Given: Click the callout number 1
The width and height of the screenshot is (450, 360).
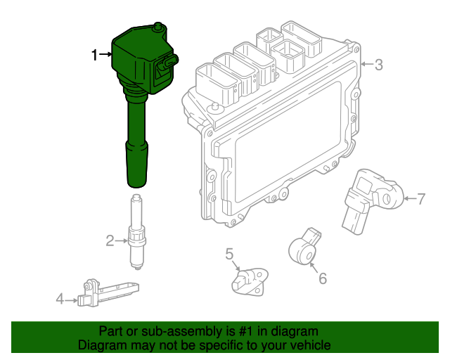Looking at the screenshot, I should (95, 54).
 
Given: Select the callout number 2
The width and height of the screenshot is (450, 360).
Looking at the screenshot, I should (110, 242).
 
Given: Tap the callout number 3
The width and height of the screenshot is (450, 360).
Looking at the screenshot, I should (378, 65).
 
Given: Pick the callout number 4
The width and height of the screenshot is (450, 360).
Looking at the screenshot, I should (60, 300).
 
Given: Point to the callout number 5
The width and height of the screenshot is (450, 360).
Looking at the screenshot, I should (229, 254).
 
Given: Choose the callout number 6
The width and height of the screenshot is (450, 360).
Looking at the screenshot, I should (323, 278).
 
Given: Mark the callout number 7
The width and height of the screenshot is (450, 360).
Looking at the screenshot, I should (421, 199).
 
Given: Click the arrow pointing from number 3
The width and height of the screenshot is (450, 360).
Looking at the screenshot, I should (366, 65).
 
